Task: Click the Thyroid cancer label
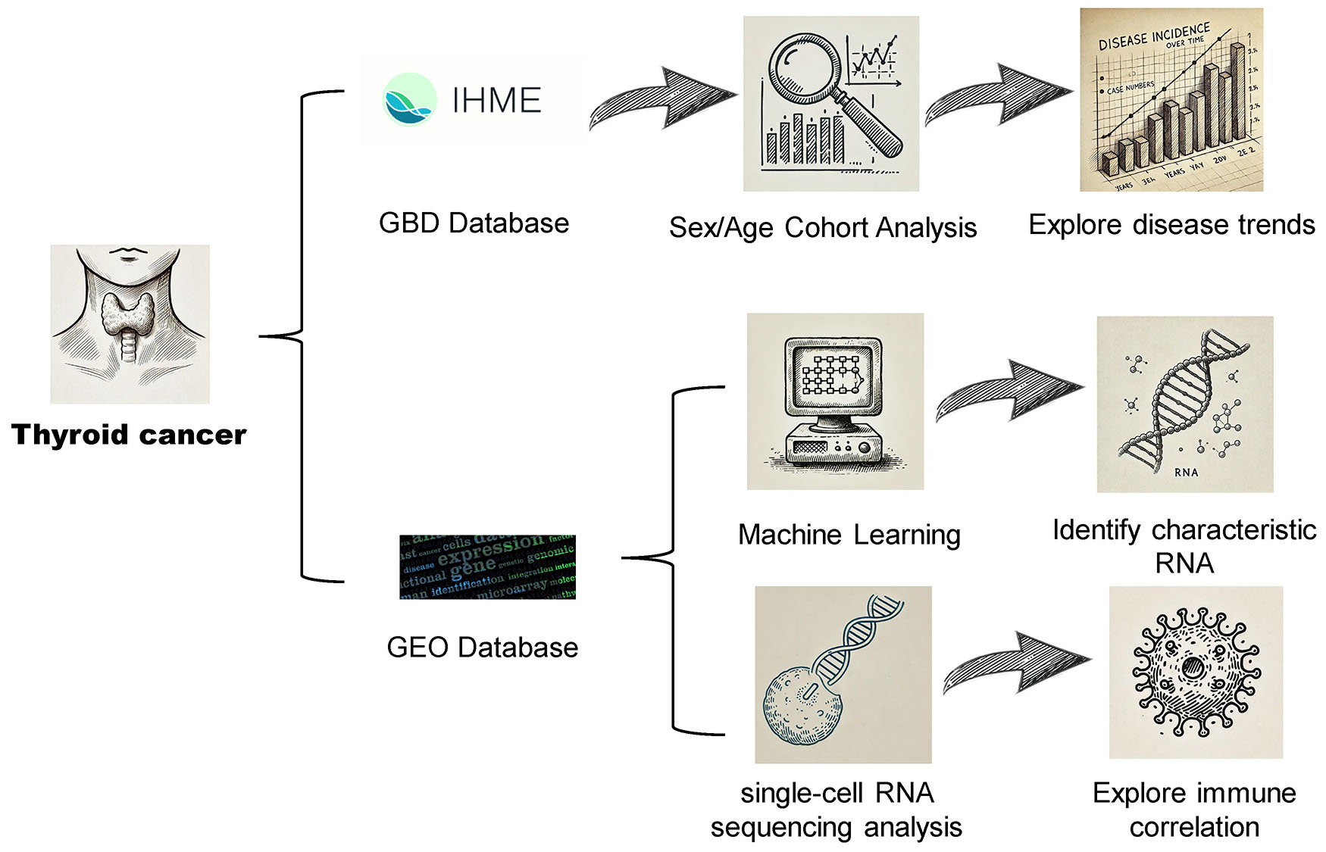(x=129, y=435)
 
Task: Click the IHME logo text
(x=496, y=101)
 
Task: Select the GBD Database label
(x=474, y=223)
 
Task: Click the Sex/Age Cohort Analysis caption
(x=823, y=227)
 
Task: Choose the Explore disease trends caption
(x=1171, y=225)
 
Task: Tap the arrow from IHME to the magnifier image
(x=663, y=99)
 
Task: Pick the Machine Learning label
(x=849, y=535)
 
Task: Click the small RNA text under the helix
(x=1186, y=472)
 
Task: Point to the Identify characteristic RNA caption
(x=1184, y=546)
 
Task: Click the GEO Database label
(x=482, y=648)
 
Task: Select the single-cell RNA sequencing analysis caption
(x=836, y=810)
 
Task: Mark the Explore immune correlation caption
(x=1194, y=810)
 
